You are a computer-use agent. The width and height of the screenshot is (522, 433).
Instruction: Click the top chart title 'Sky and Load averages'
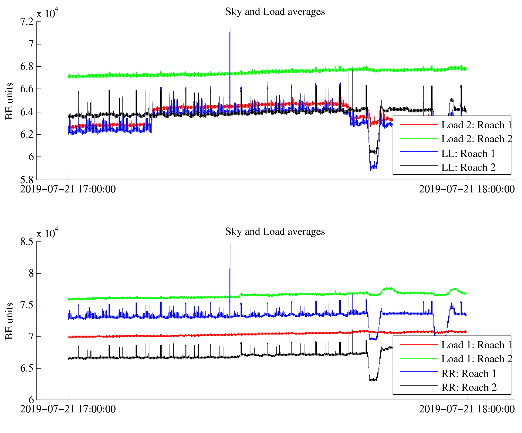click(275, 12)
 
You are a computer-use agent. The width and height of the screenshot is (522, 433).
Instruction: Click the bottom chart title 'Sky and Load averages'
click(275, 232)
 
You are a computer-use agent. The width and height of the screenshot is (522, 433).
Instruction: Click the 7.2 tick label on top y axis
click(27, 22)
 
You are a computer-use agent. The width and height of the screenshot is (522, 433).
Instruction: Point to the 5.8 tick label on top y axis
click(27, 180)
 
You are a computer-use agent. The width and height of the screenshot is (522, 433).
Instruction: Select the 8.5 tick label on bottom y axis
click(27, 242)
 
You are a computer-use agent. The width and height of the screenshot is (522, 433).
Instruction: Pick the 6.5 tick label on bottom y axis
click(27, 368)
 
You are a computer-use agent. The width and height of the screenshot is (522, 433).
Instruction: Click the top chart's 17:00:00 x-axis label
click(68, 189)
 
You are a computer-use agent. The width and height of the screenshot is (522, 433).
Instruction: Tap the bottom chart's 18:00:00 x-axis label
click(467, 409)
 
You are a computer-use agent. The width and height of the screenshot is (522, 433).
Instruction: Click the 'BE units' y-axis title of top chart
click(9, 101)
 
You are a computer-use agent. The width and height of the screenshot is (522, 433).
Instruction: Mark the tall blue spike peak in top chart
click(230, 28)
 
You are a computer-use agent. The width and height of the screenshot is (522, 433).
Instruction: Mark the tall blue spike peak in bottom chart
click(230, 244)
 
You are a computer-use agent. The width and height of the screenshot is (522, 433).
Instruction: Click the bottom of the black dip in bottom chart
click(373, 380)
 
